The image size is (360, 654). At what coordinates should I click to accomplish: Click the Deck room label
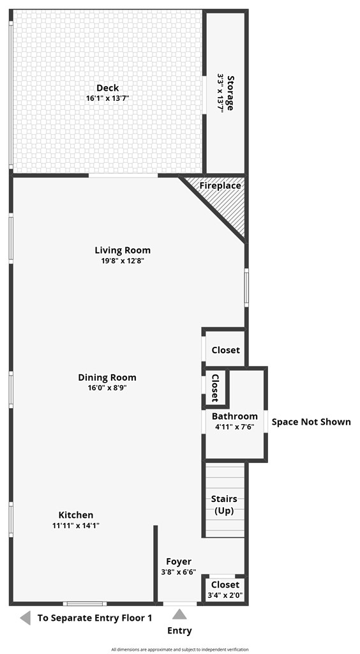107,88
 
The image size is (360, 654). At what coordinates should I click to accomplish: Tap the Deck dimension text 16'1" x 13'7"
107,98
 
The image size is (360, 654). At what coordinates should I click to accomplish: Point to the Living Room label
123,250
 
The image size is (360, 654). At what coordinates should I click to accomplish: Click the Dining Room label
107,377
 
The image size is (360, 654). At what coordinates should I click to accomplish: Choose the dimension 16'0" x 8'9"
107,388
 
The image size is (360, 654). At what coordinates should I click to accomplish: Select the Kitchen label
76,515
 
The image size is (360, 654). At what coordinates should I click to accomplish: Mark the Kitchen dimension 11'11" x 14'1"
76,526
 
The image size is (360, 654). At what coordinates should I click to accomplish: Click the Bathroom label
235,416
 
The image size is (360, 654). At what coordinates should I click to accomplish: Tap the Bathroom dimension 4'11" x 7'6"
235,427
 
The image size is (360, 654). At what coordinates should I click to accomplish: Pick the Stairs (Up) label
224,505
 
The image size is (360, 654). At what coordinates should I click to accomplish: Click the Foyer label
179,561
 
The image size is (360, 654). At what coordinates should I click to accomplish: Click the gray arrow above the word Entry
179,614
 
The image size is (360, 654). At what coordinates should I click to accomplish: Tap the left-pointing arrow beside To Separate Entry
26,618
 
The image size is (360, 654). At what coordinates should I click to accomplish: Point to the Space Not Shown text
311,422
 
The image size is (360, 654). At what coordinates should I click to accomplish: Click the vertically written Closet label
215,388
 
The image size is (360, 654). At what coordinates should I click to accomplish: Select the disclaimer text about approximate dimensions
180,650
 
